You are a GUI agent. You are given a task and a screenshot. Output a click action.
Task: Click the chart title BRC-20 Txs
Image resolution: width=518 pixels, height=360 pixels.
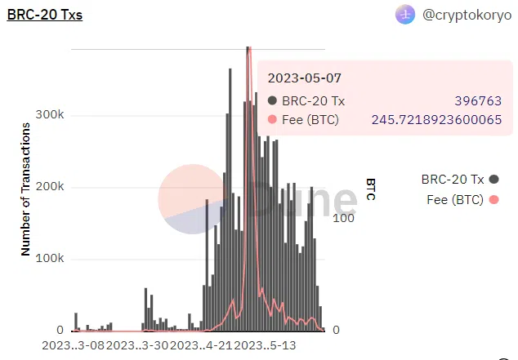tap(44, 15)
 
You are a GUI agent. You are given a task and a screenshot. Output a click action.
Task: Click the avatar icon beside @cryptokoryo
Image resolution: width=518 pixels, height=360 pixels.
tap(405, 15)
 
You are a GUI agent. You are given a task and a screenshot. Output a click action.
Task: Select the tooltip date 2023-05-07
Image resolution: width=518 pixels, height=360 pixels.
tap(305, 78)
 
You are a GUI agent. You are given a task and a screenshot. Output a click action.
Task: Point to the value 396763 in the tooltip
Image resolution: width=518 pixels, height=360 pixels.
tap(478, 101)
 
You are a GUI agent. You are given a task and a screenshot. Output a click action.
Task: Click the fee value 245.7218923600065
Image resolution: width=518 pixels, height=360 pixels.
tap(436, 120)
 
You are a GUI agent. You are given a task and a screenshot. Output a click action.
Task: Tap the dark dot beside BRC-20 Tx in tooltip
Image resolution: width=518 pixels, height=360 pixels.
tap(273, 101)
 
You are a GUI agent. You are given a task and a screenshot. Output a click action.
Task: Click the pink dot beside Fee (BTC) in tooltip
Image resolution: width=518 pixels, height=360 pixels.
tap(273, 120)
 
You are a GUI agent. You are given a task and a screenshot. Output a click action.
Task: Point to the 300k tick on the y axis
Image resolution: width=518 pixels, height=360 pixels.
tap(49, 115)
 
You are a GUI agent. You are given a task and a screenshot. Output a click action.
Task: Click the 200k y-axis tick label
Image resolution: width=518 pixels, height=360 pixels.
tap(49, 187)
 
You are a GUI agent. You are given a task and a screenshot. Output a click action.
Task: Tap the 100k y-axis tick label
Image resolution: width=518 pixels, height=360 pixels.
tap(49, 259)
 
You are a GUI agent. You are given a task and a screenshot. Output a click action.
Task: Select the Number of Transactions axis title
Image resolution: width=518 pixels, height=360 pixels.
tap(25, 189)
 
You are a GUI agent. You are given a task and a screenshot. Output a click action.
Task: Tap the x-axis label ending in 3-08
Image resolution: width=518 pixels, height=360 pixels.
tap(74, 345)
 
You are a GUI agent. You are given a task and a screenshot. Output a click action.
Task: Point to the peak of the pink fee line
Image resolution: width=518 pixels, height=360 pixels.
tap(248, 49)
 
